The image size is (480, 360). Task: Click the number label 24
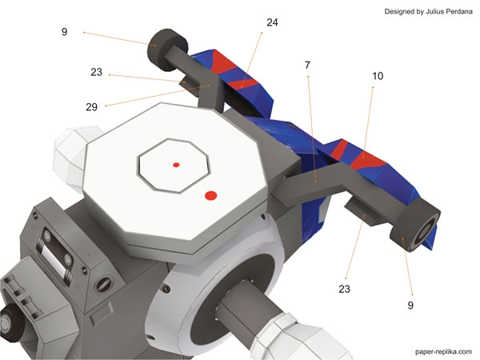click(x=272, y=22)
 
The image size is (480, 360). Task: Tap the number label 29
click(x=91, y=107)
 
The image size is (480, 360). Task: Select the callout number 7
click(x=307, y=65)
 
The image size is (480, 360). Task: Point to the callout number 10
click(x=378, y=76)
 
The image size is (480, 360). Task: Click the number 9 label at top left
click(x=64, y=32)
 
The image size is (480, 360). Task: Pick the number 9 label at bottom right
click(x=410, y=305)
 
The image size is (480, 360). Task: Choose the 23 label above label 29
click(x=96, y=72)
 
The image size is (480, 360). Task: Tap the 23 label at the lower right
click(x=344, y=289)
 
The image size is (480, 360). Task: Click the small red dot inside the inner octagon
click(x=176, y=165)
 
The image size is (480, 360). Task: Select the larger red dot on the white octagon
click(x=210, y=196)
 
